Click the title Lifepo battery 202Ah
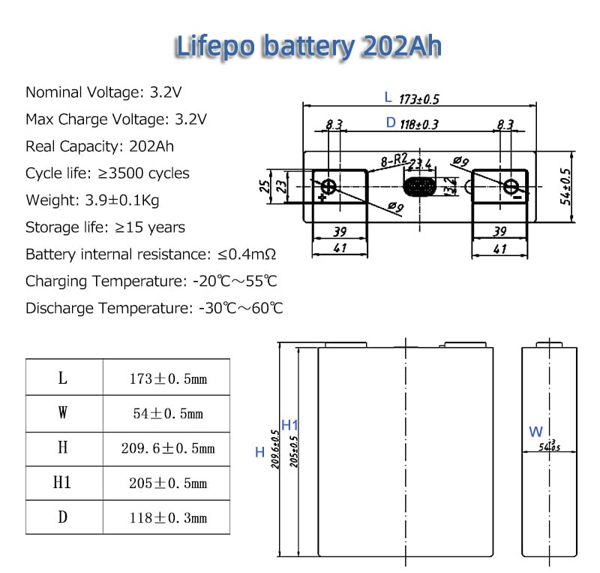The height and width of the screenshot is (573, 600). pyautogui.click(x=308, y=47)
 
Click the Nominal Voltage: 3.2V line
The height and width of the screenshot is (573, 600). pyautogui.click(x=103, y=92)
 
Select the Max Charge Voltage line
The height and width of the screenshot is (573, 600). pyautogui.click(x=116, y=119)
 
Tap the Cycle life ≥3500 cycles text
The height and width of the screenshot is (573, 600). pyautogui.click(x=107, y=173)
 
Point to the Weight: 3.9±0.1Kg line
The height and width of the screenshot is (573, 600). pyautogui.click(x=92, y=201)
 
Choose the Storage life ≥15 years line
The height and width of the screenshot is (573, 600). pyautogui.click(x=105, y=228)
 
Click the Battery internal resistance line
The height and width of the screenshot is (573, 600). pyautogui.click(x=151, y=255)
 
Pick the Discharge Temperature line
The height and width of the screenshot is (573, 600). pyautogui.click(x=154, y=308)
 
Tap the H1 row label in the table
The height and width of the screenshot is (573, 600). pyautogui.click(x=62, y=483)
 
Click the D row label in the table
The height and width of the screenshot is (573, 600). pyautogui.click(x=62, y=517)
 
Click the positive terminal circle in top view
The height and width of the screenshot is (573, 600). pyautogui.click(x=328, y=185)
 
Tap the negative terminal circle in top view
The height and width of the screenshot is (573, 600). pyautogui.click(x=511, y=186)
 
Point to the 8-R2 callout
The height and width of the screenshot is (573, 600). pyautogui.click(x=395, y=159)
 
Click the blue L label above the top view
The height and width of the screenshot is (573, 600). pyautogui.click(x=388, y=97)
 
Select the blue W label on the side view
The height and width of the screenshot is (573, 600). pyautogui.click(x=535, y=432)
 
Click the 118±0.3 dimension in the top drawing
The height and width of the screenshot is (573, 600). pyautogui.click(x=418, y=123)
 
